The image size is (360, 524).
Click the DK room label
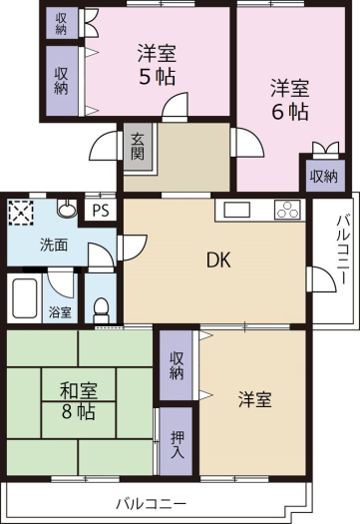218,260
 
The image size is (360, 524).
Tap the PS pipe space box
100,211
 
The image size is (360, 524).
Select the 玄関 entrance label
138,147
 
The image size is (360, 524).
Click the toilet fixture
101,308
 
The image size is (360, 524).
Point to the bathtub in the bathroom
24,298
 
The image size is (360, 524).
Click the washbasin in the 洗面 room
67,209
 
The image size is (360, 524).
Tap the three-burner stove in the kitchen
287,210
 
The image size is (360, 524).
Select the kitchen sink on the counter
236,210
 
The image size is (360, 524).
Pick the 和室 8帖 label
78,401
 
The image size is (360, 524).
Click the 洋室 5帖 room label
157,65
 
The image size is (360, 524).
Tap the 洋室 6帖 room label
289,99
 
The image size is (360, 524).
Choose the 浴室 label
60,312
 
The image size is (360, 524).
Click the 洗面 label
54,245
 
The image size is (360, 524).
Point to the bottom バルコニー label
151,504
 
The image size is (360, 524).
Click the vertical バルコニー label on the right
343,250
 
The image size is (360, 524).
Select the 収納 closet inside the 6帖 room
324,176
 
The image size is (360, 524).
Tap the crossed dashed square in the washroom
21,212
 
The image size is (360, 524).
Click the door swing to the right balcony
322,279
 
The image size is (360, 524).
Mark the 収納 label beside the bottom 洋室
177,365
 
